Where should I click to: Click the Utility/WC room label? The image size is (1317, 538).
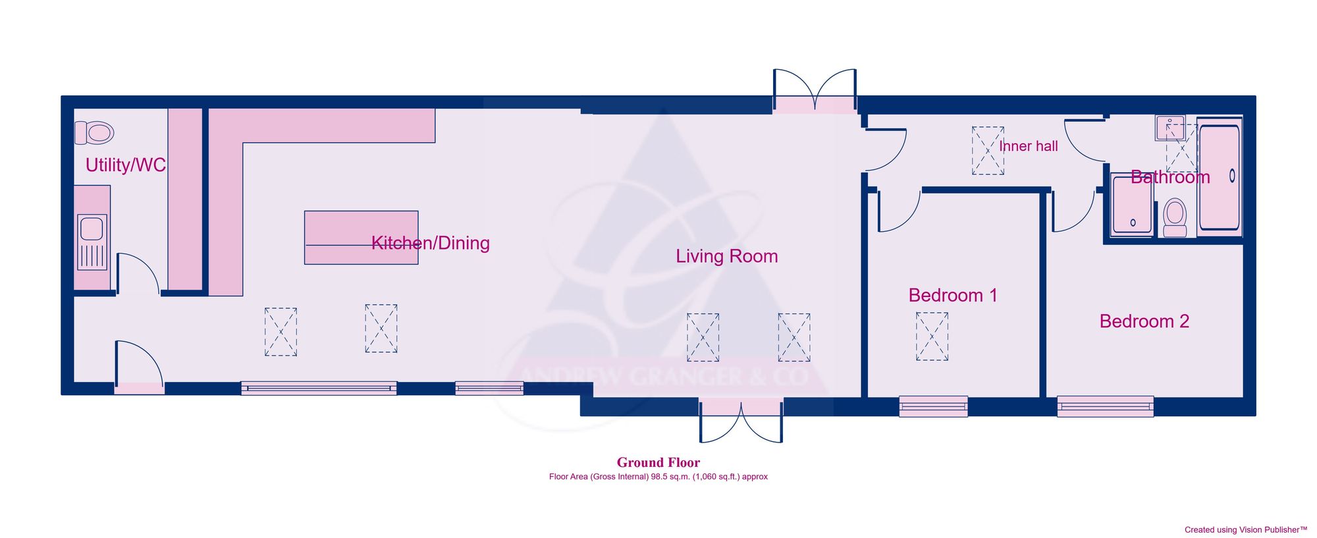[x=125, y=165]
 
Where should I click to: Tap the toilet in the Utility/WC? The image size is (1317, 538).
[x=95, y=132]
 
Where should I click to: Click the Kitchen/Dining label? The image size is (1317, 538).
[x=431, y=243]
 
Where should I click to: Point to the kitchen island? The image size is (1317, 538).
[x=361, y=237]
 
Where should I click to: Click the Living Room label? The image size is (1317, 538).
[x=726, y=256]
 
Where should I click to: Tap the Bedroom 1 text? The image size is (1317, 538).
[x=952, y=295]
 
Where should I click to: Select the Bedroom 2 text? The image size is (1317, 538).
[x=1144, y=321]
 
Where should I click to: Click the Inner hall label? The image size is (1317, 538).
[x=1028, y=146]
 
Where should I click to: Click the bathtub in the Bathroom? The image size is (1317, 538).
[x=1219, y=176]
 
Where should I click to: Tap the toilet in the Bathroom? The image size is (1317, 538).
[x=1175, y=217]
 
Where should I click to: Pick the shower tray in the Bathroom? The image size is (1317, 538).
[x=1132, y=205]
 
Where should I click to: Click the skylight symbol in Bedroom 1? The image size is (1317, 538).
[x=932, y=336]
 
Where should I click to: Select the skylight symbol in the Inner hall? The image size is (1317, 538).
[x=988, y=151]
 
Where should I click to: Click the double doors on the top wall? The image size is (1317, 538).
[x=815, y=92]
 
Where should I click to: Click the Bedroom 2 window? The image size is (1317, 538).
[x=1105, y=406]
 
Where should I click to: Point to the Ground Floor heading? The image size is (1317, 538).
[x=658, y=462]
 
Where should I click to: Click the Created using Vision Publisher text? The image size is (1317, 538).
[x=1245, y=529]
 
